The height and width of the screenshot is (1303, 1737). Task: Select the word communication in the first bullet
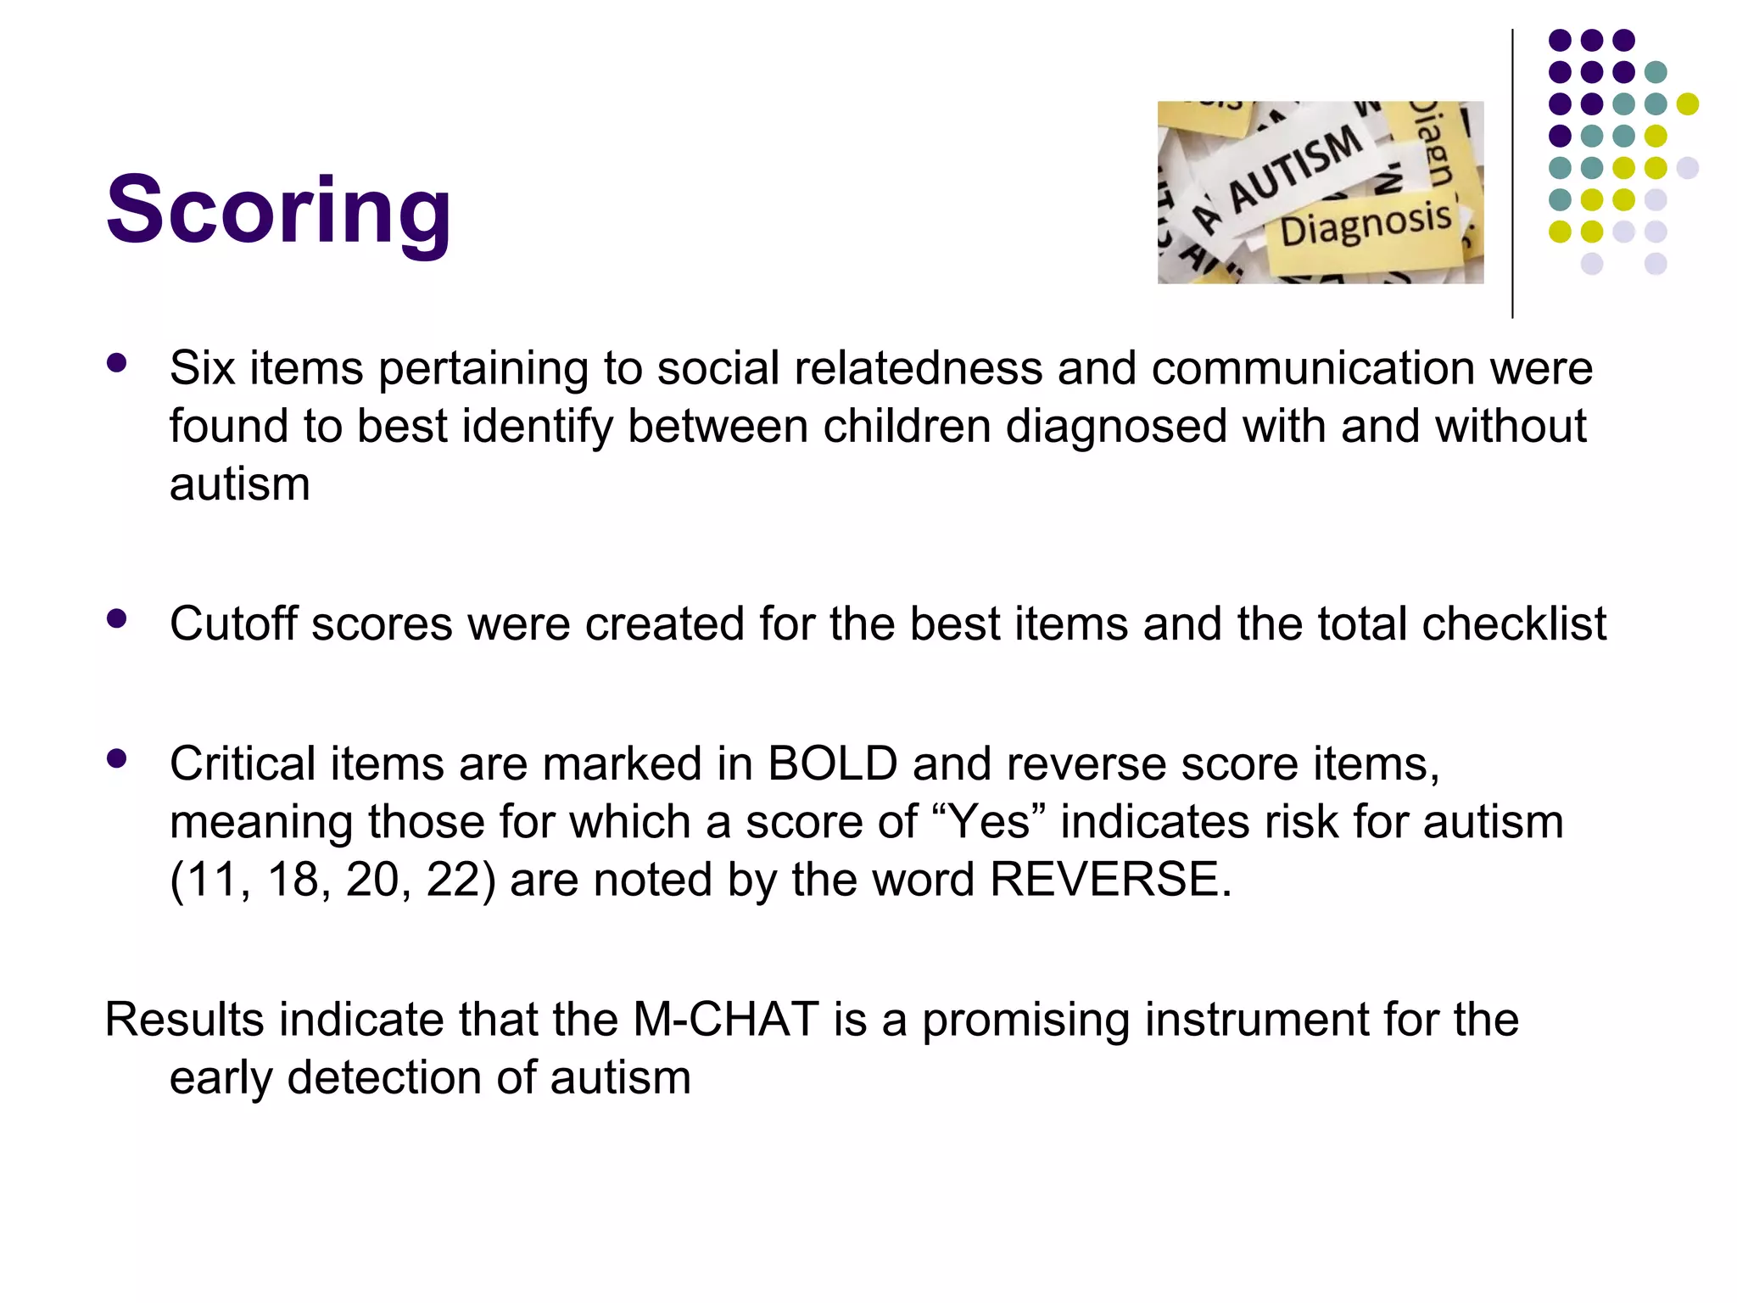(1313, 368)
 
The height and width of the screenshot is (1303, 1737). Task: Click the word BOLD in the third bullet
(832, 763)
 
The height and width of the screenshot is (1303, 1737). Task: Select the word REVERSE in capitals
(1110, 879)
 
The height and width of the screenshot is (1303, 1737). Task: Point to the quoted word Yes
(988, 821)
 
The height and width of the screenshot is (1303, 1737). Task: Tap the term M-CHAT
(726, 1019)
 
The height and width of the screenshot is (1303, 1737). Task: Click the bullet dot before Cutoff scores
(117, 619)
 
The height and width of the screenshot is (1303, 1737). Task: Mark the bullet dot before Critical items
(117, 758)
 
